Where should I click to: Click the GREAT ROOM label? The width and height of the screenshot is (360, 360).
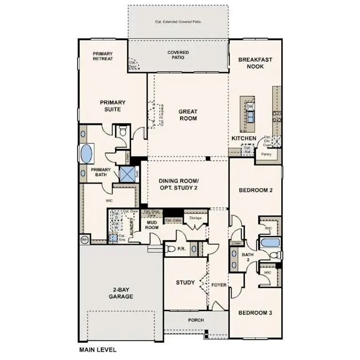[x=187, y=115]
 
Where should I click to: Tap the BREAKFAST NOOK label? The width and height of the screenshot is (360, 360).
[x=255, y=63]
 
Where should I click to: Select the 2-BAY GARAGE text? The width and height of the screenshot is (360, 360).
[x=122, y=293]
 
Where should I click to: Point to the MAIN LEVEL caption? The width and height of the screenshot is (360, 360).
[x=97, y=349]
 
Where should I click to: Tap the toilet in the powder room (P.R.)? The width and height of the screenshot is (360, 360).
[x=171, y=249]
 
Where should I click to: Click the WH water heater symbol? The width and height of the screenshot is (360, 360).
[x=85, y=240]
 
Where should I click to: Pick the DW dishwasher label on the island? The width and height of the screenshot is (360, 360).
[x=250, y=106]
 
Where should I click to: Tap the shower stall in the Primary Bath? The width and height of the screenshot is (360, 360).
[x=127, y=173]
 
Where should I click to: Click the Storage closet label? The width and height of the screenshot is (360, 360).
[x=195, y=218]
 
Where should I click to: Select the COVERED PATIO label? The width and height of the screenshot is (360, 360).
[x=178, y=55]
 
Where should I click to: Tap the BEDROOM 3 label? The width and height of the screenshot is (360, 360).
[x=255, y=313]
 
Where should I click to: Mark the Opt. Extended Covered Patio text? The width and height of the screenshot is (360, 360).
[x=178, y=22]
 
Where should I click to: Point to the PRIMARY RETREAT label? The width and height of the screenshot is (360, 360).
[x=103, y=56]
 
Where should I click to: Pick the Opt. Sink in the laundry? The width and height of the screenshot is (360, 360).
[x=113, y=238]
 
